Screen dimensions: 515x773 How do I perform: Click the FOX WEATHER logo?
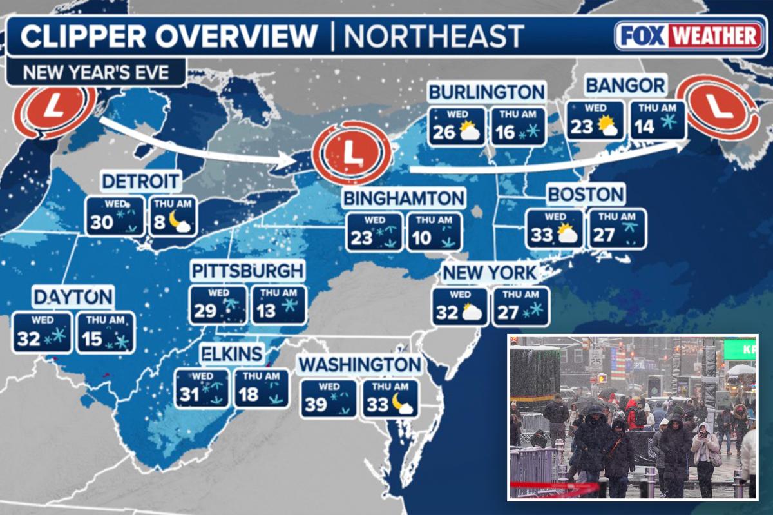click(689, 36)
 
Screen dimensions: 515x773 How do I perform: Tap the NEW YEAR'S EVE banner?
click(96, 72)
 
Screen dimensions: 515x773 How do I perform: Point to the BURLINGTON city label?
click(486, 92)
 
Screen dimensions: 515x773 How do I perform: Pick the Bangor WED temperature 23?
click(581, 127)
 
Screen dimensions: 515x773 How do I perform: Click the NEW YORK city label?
click(490, 273)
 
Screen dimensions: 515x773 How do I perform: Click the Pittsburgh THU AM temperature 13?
click(266, 311)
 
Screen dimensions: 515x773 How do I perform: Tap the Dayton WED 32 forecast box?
click(41, 333)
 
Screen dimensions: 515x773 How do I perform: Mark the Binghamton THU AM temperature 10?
click(421, 238)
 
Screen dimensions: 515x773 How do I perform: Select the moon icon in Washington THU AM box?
click(405, 404)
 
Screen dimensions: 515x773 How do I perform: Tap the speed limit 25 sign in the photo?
click(596, 356)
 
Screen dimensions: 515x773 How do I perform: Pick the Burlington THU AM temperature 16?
click(505, 133)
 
